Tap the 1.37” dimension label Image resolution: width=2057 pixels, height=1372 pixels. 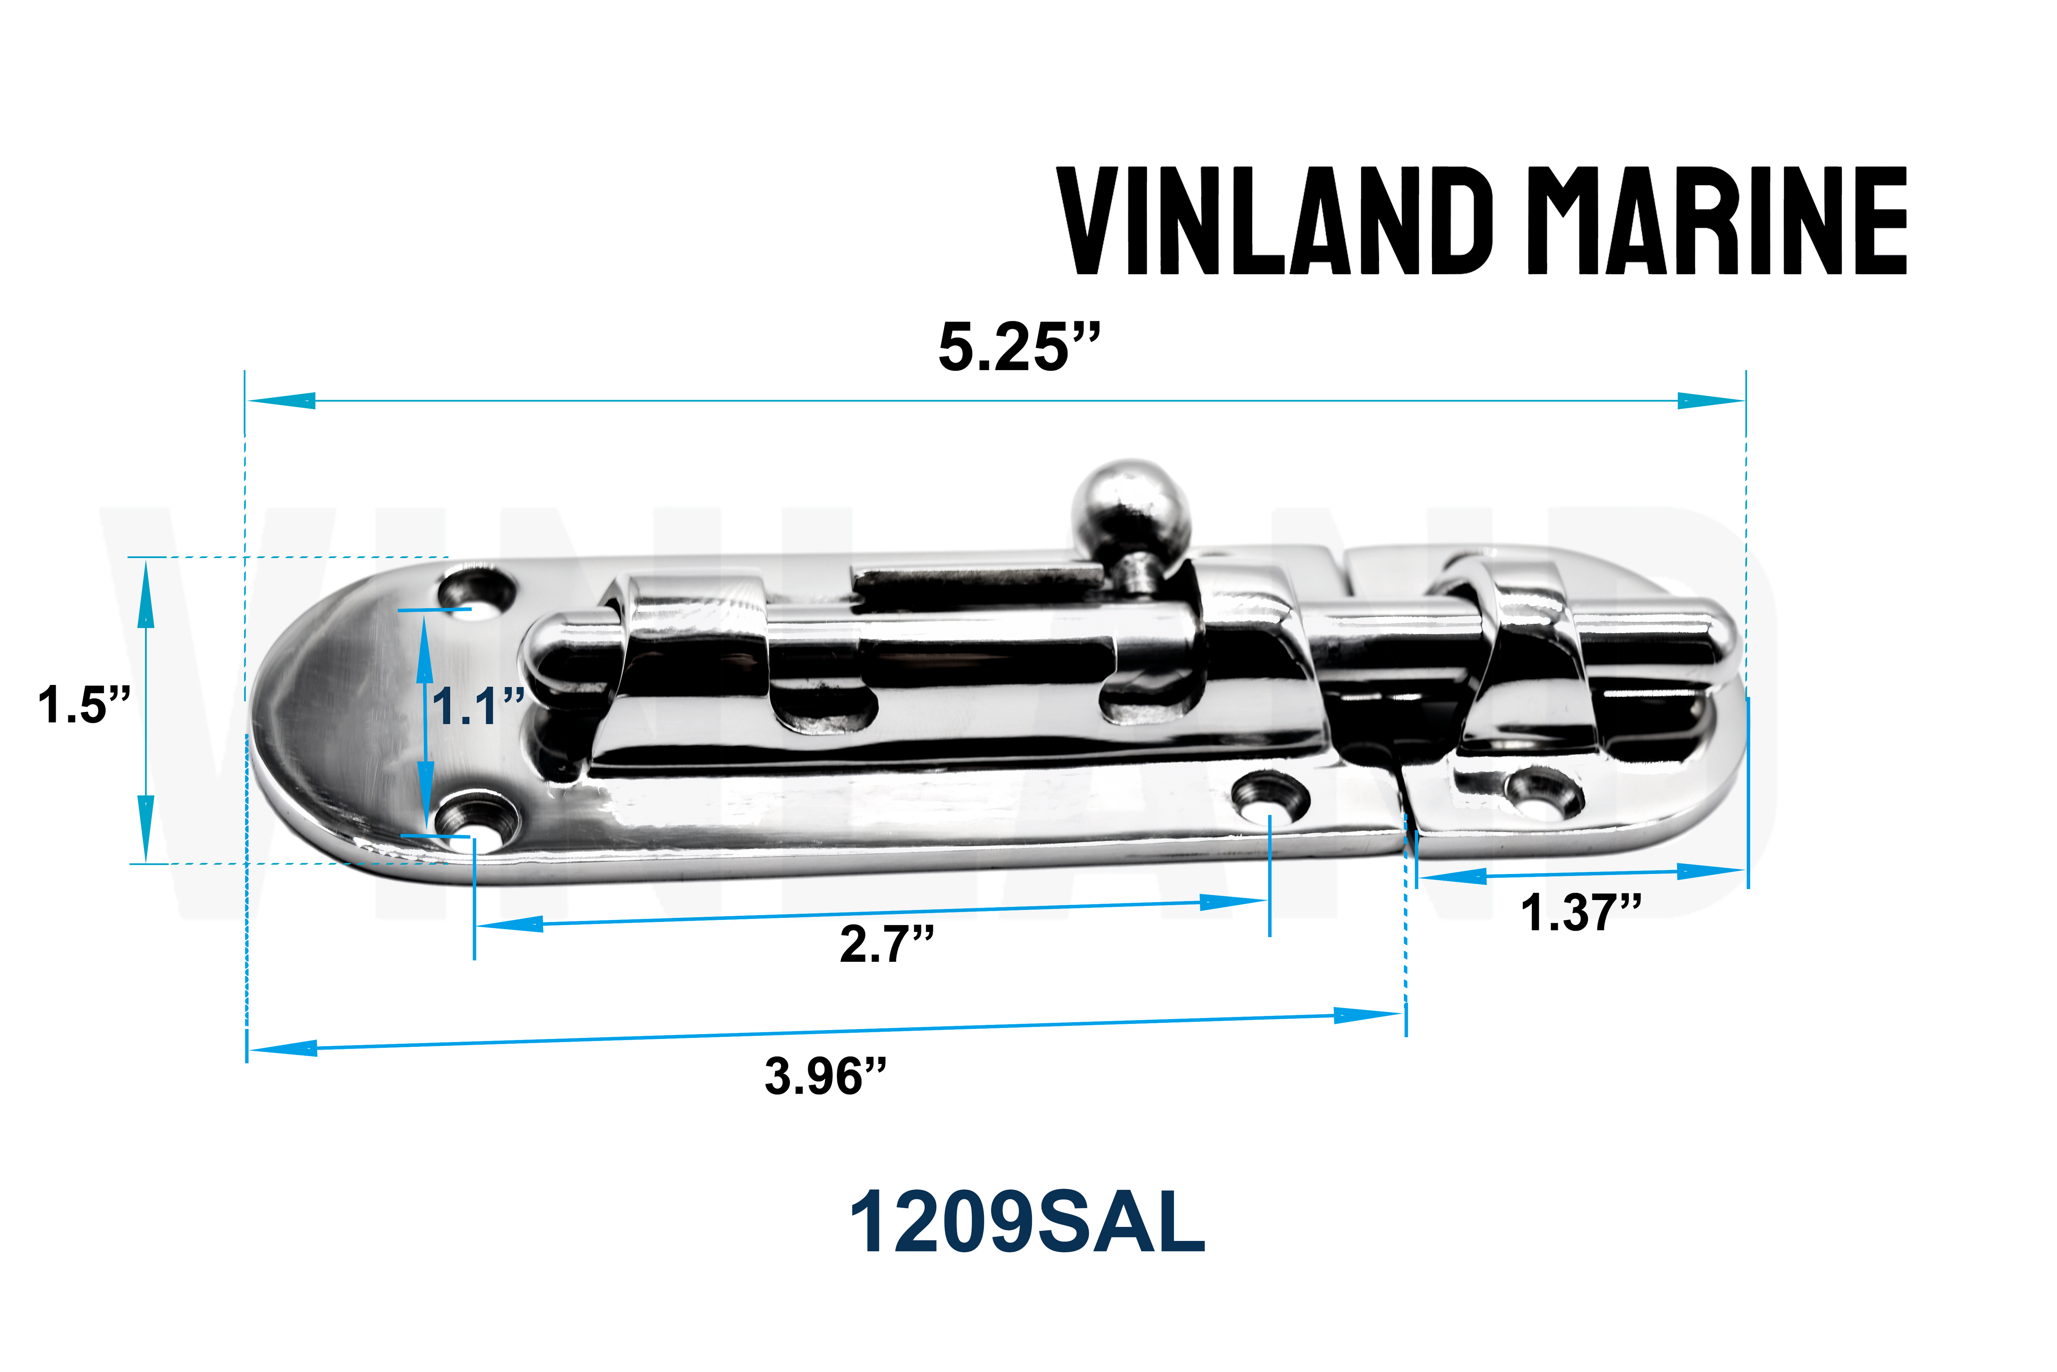(1580, 913)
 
